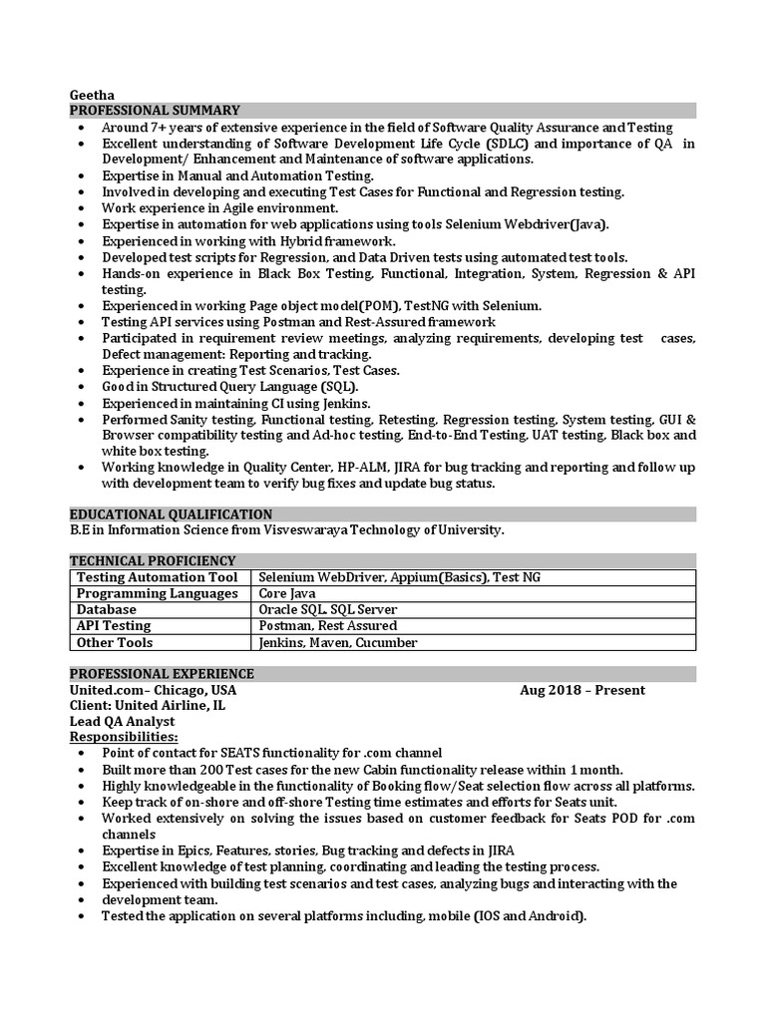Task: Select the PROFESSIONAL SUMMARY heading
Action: [155, 110]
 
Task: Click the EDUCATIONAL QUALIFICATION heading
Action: [171, 513]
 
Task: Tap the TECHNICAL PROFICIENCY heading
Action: [153, 560]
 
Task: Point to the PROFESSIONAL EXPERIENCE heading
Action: [162, 673]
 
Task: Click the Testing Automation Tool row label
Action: [157, 577]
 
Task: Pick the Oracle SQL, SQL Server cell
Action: [327, 609]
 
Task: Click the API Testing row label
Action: [114, 625]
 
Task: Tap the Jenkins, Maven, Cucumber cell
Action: [337, 642]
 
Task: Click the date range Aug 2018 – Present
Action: [581, 690]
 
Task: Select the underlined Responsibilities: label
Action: [124, 737]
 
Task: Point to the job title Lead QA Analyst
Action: [122, 721]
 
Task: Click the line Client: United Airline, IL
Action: [147, 705]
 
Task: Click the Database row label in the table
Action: [107, 609]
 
